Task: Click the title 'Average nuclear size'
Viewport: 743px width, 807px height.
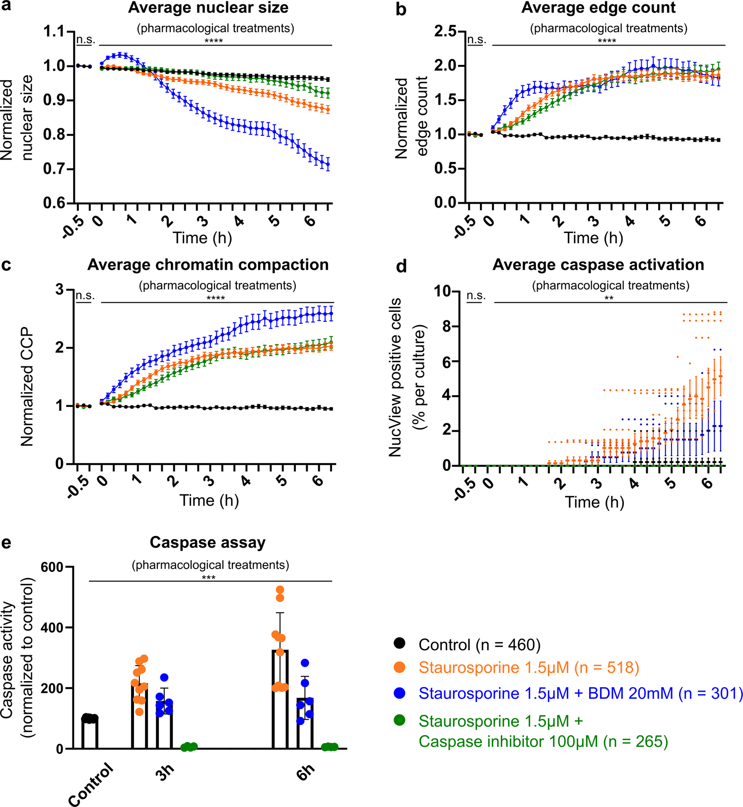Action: click(x=208, y=8)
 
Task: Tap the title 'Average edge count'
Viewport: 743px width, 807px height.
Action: click(x=598, y=8)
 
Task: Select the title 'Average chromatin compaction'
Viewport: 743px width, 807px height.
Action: click(x=208, y=265)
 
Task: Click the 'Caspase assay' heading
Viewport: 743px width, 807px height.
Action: click(x=207, y=542)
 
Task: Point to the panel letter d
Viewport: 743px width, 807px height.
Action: click(x=401, y=266)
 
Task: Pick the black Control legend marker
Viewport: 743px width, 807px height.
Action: click(x=399, y=643)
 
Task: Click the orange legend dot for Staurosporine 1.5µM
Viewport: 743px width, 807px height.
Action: click(x=399, y=667)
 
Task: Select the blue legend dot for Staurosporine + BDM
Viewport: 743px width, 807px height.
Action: click(x=399, y=692)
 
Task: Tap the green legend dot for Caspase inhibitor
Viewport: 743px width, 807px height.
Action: click(x=399, y=720)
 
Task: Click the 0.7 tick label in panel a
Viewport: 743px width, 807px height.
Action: click(x=55, y=170)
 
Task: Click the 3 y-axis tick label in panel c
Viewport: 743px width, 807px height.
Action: click(x=60, y=289)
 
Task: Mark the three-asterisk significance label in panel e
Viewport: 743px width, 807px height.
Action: click(x=208, y=577)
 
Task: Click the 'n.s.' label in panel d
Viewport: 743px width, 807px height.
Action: click(x=475, y=296)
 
